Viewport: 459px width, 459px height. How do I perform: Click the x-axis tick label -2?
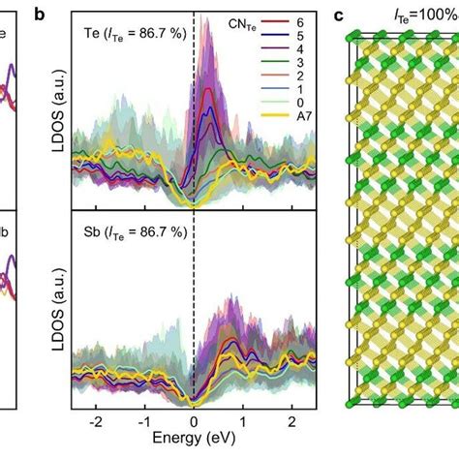pos(94,424)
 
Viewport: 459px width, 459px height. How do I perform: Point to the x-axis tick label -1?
pos(143,424)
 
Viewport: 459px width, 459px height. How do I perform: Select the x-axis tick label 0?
pos(194,424)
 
